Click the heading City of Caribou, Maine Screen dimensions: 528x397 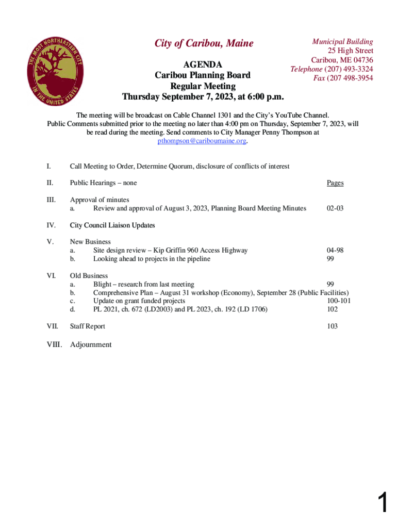(x=204, y=43)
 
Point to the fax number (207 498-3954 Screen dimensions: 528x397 (x=350, y=78)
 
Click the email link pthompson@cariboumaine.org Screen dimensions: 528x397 (x=202, y=141)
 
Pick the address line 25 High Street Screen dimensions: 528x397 (x=351, y=51)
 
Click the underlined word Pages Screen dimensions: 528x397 (x=335, y=183)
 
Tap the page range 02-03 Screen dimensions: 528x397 (x=335, y=208)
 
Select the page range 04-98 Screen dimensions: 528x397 (x=335, y=250)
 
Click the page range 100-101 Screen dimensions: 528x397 (x=339, y=301)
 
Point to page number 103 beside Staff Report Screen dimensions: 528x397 (x=333, y=326)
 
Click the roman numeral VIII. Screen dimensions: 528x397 (x=54, y=344)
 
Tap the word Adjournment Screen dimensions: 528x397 (x=91, y=344)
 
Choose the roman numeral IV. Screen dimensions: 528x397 (x=52, y=225)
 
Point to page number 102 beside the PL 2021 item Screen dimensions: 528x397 (x=333, y=309)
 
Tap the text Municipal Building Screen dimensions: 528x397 (x=343, y=41)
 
